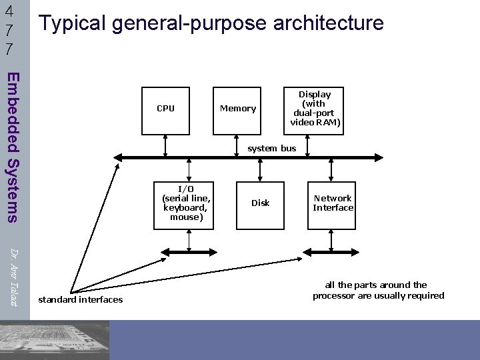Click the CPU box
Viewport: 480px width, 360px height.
[165, 108]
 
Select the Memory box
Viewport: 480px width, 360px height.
[238, 108]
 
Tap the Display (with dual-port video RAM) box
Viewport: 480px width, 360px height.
[315, 108]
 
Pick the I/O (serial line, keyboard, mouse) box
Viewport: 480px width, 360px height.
[187, 203]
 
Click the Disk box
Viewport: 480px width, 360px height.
[260, 203]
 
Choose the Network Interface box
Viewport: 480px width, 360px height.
[333, 203]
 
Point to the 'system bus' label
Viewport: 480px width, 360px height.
[271, 148]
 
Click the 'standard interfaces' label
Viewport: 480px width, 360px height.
[81, 300]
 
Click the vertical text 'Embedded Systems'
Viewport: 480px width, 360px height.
[13, 147]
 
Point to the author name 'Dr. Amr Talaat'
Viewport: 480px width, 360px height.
[14, 273]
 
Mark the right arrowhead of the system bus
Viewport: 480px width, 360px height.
[378, 157]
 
